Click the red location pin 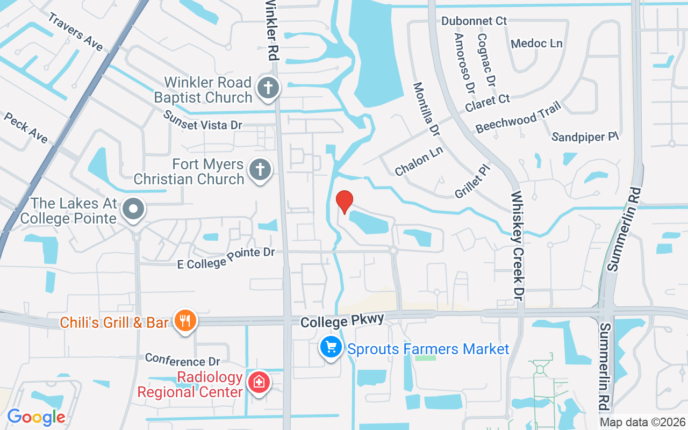coord(344,202)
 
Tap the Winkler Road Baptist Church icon coord(267,88)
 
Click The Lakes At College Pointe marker coord(132,210)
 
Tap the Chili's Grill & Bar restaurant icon coord(185,321)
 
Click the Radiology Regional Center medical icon coord(259,382)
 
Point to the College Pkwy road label coord(342,321)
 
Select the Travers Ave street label coord(75,32)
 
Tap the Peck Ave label coord(25,128)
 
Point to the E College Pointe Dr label coord(226,257)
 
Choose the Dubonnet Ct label coord(474,21)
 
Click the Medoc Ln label coord(536,44)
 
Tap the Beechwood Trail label coord(518,117)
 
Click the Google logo coord(36,417)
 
